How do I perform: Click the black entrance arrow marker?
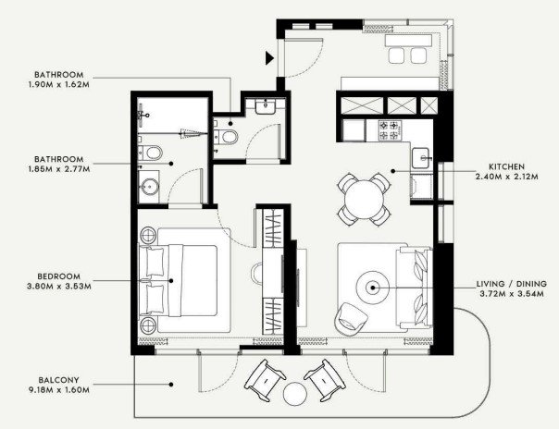[x=269, y=58]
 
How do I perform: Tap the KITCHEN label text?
[x=506, y=166]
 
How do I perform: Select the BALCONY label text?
[x=59, y=380]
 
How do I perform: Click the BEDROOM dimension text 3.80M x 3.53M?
[x=59, y=286]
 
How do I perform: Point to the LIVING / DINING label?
[x=512, y=284]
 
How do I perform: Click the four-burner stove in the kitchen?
[x=389, y=130]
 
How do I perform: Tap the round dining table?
[x=364, y=199]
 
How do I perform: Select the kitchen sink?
[x=422, y=158]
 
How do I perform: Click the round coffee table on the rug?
[x=373, y=288]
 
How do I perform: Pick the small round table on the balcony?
[x=295, y=393]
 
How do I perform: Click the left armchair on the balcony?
[x=265, y=380]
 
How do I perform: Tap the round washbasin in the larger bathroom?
[x=149, y=186]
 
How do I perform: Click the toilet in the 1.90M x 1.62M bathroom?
[x=226, y=137]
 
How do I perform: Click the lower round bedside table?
[x=148, y=325]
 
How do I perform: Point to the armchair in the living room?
[x=351, y=319]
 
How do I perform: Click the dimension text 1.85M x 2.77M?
[x=59, y=169]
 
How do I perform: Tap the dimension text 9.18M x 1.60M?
[x=59, y=390]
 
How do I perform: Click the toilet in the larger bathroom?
[x=151, y=153]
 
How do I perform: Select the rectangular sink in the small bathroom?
[x=265, y=106]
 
